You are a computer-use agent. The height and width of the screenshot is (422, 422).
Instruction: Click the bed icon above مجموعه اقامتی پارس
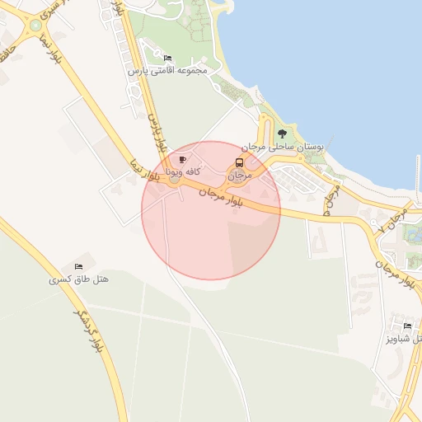click(168, 59)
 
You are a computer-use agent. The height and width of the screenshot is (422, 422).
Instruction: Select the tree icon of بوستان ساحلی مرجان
click(283, 133)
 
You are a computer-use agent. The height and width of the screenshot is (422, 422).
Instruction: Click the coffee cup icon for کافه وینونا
click(182, 159)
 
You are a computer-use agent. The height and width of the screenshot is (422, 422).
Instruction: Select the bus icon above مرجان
click(239, 162)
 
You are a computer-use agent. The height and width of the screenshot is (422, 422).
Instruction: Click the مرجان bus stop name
click(238, 175)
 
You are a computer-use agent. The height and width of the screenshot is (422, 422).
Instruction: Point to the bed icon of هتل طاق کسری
click(79, 266)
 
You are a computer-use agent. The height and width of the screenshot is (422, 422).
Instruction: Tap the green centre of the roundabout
click(35, 26)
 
